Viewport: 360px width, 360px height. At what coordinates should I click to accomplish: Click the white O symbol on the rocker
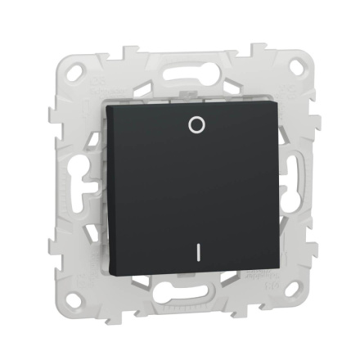[194, 124]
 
